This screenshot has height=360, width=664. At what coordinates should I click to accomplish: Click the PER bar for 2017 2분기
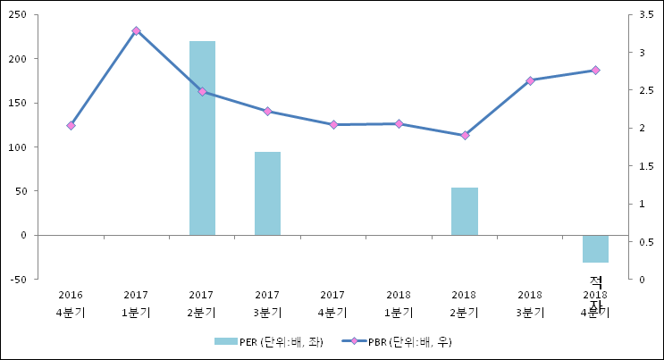point(202,138)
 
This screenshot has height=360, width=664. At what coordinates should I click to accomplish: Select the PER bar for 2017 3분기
point(267,193)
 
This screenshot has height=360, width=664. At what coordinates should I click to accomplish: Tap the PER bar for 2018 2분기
point(464,211)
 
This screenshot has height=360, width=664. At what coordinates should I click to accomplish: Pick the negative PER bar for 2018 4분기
point(595,248)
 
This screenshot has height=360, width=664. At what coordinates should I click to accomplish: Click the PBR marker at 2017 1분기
point(136,30)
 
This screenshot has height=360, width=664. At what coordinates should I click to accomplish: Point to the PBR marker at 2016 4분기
point(71,126)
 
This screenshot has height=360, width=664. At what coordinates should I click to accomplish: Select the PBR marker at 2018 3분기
point(530,80)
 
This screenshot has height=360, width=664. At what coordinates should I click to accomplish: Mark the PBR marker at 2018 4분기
point(595,70)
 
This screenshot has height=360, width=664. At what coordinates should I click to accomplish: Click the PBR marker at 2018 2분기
point(465,135)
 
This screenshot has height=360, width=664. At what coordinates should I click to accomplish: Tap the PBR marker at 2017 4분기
point(333,124)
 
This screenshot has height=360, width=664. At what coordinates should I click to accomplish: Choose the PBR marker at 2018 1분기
point(399,123)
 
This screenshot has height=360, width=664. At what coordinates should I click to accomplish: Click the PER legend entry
point(268,342)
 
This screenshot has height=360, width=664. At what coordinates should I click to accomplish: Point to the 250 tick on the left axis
point(18,15)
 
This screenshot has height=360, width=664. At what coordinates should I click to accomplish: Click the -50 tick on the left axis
point(19,280)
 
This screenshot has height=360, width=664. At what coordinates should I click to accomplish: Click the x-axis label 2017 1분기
point(136,304)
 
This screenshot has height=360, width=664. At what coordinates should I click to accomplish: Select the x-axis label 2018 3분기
point(530,304)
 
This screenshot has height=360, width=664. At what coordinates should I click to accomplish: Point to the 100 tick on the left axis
point(18,147)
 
